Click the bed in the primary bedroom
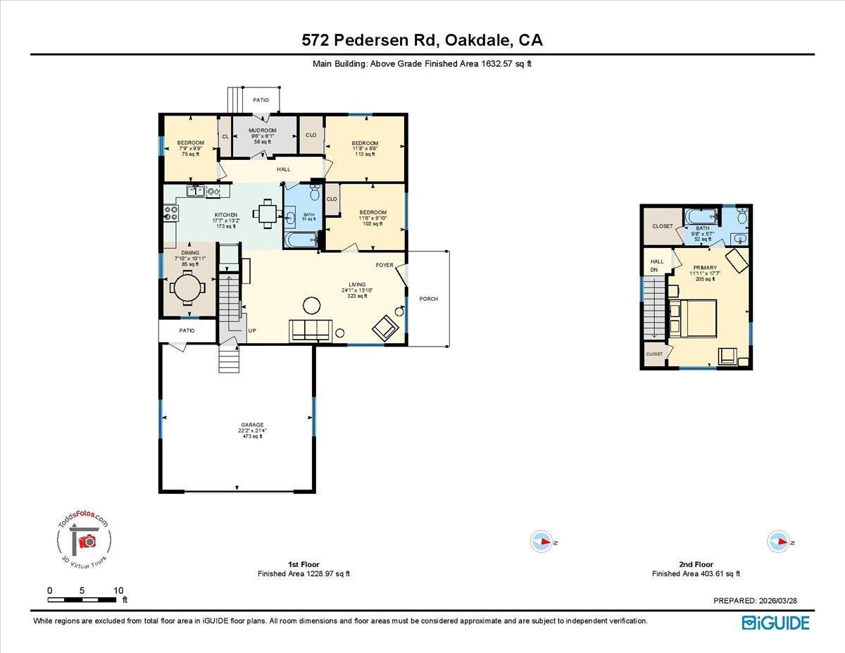click(693, 317)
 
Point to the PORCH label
click(428, 299)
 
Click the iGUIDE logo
click(775, 623)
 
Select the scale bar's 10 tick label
click(118, 590)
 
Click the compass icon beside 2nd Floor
click(778, 541)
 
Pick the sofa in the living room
click(311, 329)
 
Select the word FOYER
click(384, 266)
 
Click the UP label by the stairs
click(251, 330)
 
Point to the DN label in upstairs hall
click(653, 270)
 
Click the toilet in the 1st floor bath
click(315, 192)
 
